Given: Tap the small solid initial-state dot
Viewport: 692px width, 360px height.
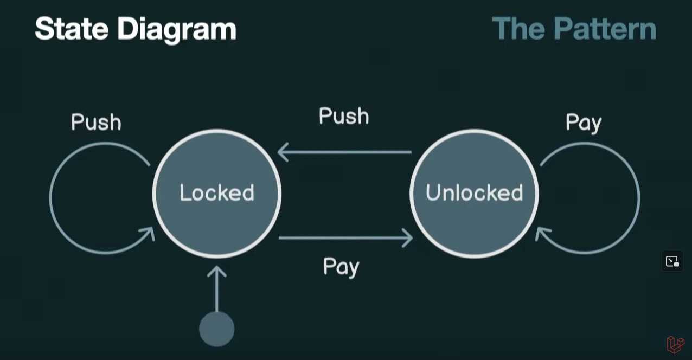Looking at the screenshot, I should click(217, 329).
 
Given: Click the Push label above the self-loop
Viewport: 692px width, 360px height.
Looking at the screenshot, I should click(96, 123).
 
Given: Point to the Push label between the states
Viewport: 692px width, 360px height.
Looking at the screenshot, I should click(344, 116).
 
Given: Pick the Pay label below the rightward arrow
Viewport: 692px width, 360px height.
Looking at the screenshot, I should click(341, 267).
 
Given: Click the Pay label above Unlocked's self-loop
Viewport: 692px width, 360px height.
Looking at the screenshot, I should click(584, 123).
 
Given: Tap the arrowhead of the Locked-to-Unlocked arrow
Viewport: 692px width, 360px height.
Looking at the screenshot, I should click(407, 237).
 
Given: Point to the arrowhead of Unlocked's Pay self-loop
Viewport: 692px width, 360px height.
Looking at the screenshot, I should click(542, 234).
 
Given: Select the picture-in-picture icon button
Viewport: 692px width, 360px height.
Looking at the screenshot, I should click(672, 261).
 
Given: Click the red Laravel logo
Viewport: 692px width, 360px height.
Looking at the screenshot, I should click(675, 344).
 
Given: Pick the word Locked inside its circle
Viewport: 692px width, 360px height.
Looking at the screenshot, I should click(217, 193).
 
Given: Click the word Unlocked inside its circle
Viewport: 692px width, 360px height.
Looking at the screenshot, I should click(475, 193).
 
